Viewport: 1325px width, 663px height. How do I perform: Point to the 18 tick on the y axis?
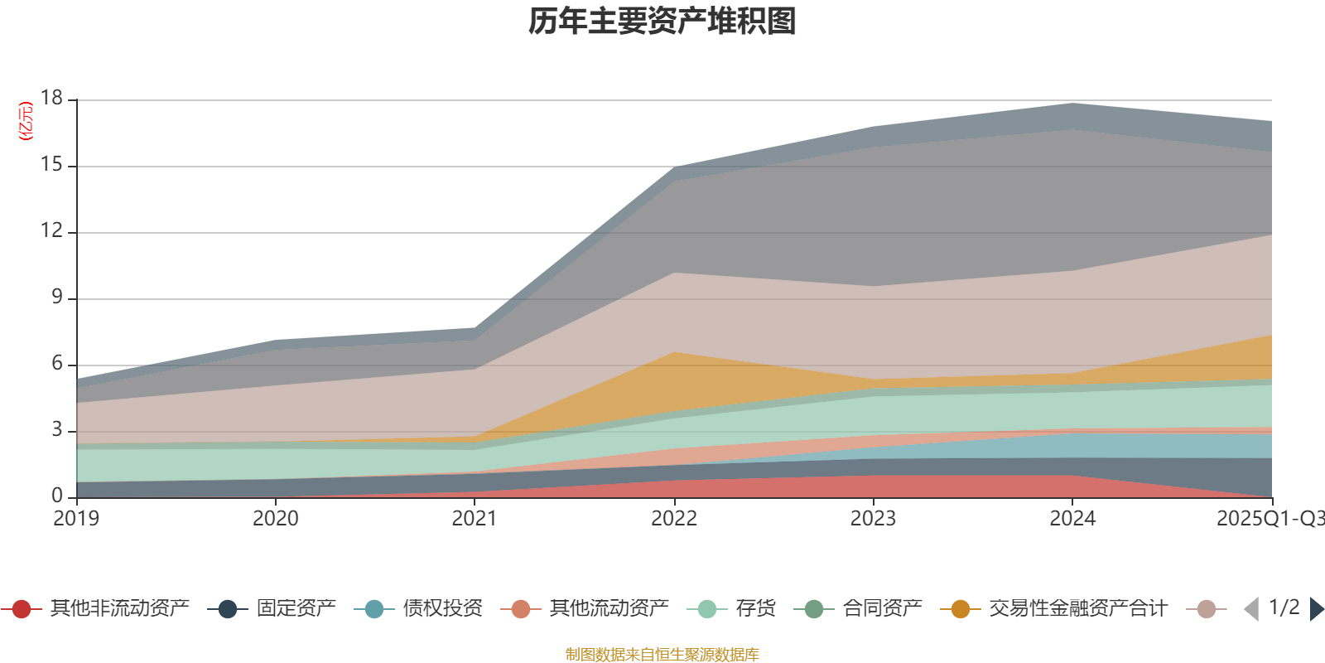(51, 99)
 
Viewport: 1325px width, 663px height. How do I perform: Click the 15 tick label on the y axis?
(51, 165)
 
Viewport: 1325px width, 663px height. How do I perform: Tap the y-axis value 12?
(51, 231)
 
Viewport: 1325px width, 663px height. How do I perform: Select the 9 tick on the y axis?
(56, 298)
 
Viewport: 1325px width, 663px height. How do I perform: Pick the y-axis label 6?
(56, 364)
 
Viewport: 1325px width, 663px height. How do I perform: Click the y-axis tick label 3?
(56, 430)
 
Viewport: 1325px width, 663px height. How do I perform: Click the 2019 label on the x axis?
(76, 519)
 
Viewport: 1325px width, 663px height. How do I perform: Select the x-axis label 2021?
(475, 519)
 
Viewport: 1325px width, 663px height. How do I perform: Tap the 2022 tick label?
(674, 519)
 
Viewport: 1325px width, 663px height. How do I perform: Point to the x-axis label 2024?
(1072, 519)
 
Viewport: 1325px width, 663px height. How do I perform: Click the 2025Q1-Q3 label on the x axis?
(1269, 519)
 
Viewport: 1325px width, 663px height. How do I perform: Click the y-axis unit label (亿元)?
(26, 121)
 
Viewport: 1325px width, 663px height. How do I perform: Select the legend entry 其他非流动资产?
(119, 609)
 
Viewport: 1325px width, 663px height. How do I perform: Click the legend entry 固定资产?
(296, 609)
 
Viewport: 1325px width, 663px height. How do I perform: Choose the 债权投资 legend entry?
(442, 609)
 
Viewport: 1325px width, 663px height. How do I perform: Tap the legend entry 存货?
(755, 609)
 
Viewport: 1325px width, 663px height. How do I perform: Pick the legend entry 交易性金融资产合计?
(1077, 609)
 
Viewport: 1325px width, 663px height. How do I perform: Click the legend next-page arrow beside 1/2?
(1317, 609)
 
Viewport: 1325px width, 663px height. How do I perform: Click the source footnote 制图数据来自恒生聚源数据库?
(662, 655)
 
